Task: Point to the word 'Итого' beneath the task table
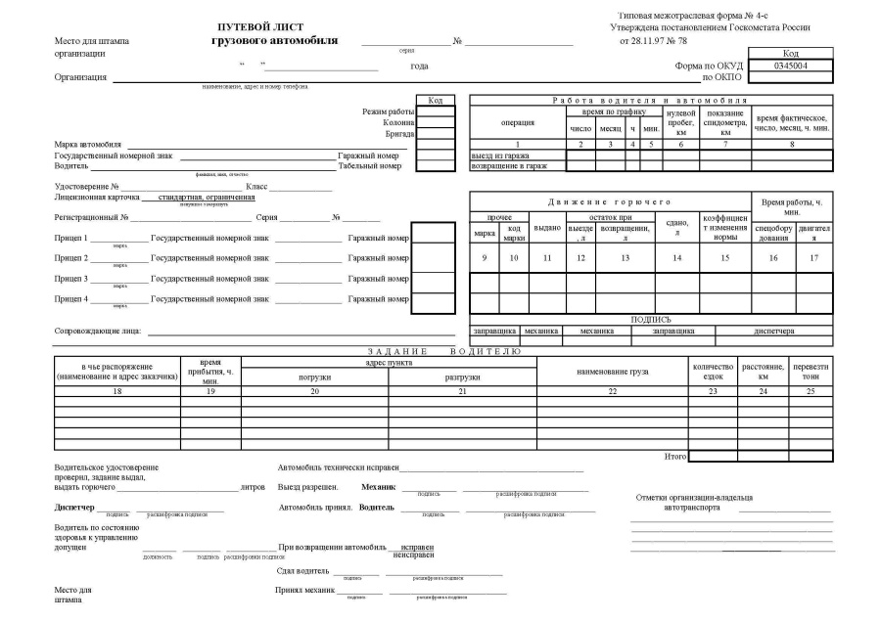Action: [x=675, y=456]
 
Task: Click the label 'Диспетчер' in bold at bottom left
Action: [x=74, y=508]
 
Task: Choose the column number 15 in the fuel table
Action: [x=724, y=257]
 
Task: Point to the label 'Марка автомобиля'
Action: [x=88, y=145]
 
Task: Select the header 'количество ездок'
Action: [x=712, y=372]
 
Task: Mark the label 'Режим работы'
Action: [x=389, y=112]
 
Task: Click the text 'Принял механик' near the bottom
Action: [x=306, y=590]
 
